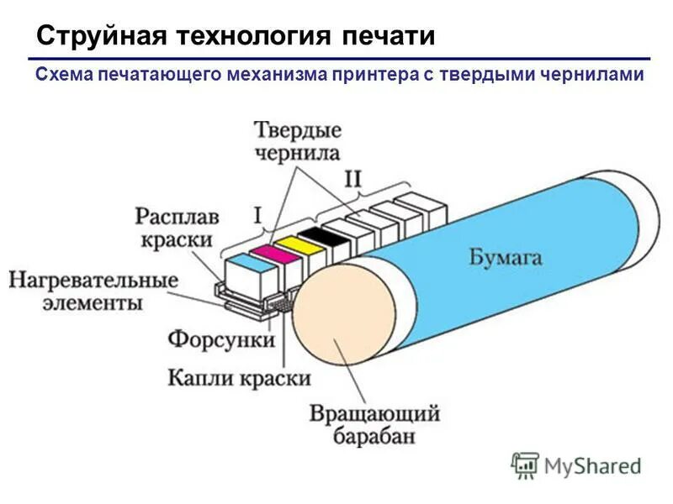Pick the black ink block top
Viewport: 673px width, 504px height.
(x=320, y=233)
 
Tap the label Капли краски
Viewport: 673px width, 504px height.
(x=240, y=377)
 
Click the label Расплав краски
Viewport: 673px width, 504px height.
(x=177, y=228)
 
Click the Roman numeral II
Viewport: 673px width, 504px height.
(x=354, y=179)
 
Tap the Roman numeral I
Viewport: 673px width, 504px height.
(x=257, y=216)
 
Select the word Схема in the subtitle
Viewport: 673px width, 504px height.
(x=63, y=75)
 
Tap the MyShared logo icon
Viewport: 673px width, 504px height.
(x=526, y=465)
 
